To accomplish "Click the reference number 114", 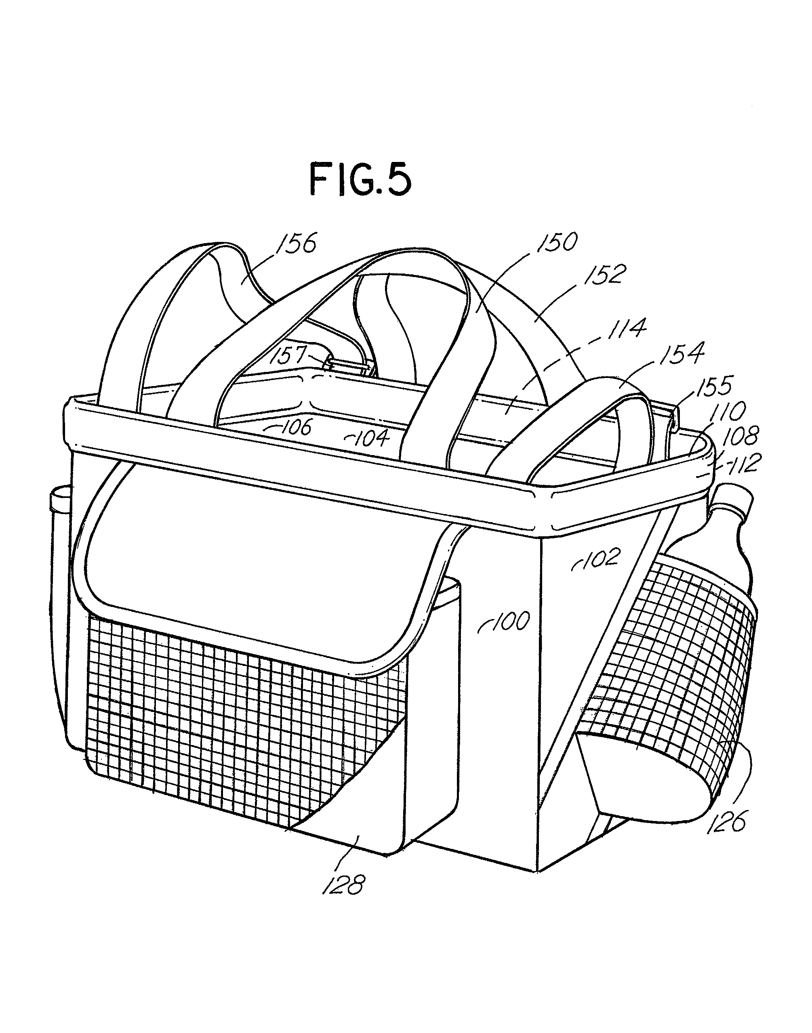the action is tap(625, 329).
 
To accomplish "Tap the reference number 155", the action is tap(715, 386).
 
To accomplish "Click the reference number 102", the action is tap(602, 558).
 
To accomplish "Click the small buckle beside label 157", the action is tap(349, 366).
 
